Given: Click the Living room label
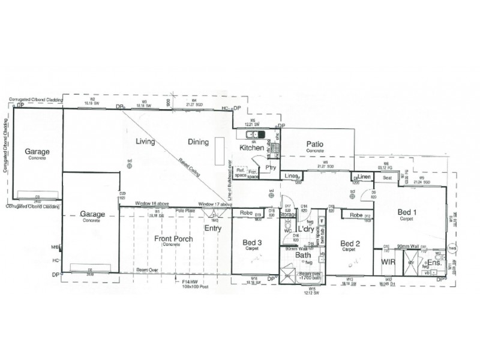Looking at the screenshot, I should point(145,142).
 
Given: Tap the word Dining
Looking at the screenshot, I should point(197,142).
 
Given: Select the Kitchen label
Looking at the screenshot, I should point(251,148).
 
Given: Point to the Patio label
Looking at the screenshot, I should point(315,144).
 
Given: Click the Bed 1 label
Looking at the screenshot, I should point(408,212).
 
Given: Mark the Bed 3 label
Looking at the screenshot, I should point(251,242).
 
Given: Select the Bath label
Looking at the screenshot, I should point(302,256).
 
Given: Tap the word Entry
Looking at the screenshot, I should point(212,228).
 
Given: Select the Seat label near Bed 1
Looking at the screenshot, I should point(388,178).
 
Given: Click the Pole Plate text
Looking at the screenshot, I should point(184,211).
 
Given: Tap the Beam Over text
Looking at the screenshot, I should point(147,270).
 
